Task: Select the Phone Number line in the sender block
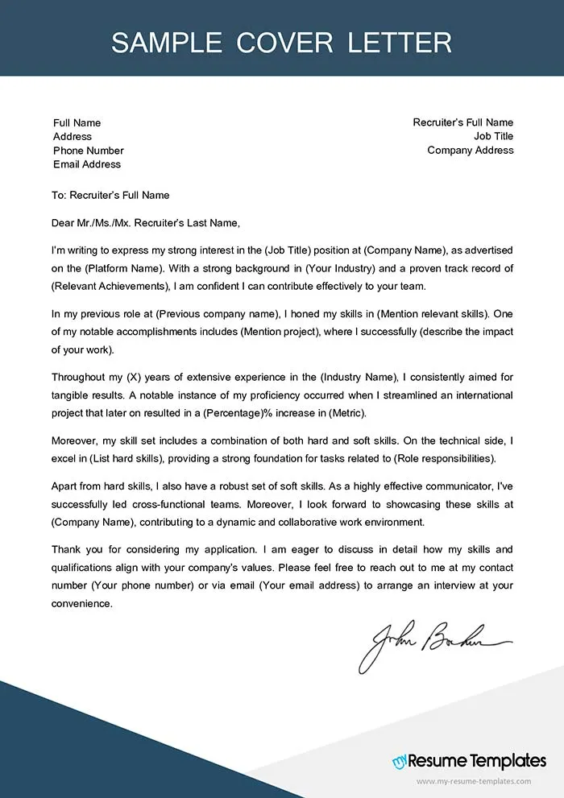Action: click(x=89, y=151)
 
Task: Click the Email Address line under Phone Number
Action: click(x=87, y=164)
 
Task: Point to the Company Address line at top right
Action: click(x=470, y=151)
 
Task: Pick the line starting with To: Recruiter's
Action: click(x=110, y=196)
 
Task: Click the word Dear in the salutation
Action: click(x=64, y=223)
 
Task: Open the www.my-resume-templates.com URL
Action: click(x=474, y=782)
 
